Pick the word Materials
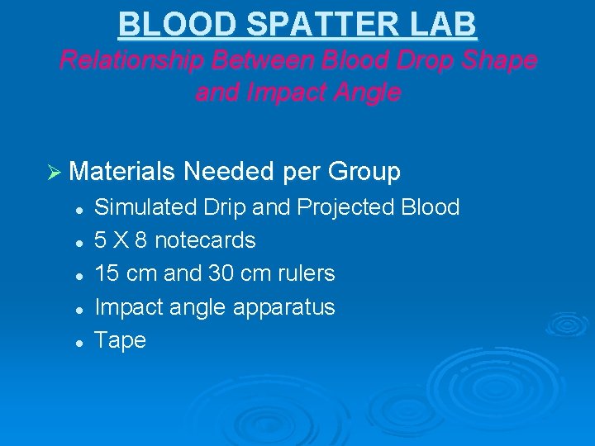point(123,172)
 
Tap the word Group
point(364,172)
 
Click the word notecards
point(205,240)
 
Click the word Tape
point(120,340)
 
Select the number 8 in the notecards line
point(140,240)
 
